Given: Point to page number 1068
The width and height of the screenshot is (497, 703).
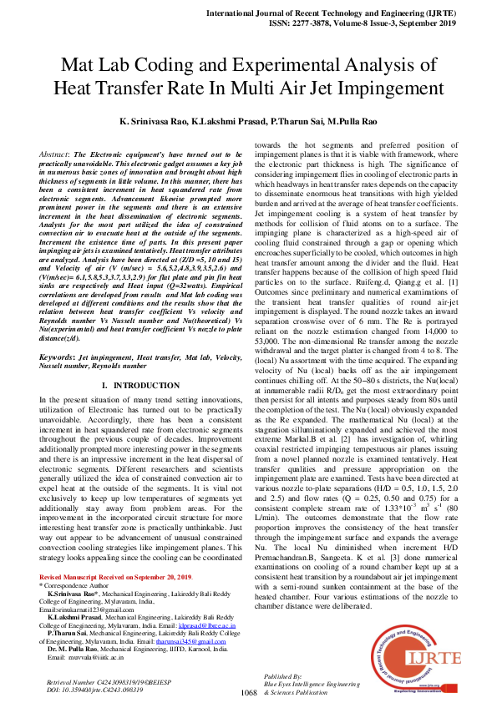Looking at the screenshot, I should pyautogui.click(x=248, y=693).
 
